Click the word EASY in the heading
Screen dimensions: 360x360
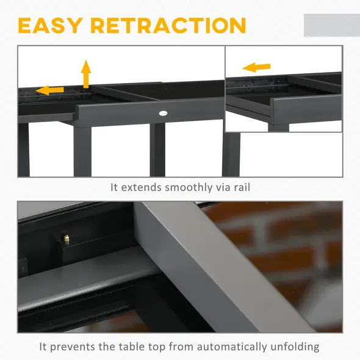pyautogui.click(x=51, y=26)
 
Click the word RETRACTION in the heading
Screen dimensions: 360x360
pyautogui.click(x=168, y=26)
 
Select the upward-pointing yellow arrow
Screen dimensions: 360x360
pyautogui.click(x=86, y=74)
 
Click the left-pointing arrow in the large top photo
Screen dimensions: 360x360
pyautogui.click(x=49, y=91)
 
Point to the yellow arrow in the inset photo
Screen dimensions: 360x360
pyautogui.click(x=256, y=67)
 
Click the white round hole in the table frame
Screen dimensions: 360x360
pyautogui.click(x=164, y=113)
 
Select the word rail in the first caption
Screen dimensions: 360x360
pyautogui.click(x=240, y=187)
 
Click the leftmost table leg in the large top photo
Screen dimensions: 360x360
pyautogui.click(x=23, y=149)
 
